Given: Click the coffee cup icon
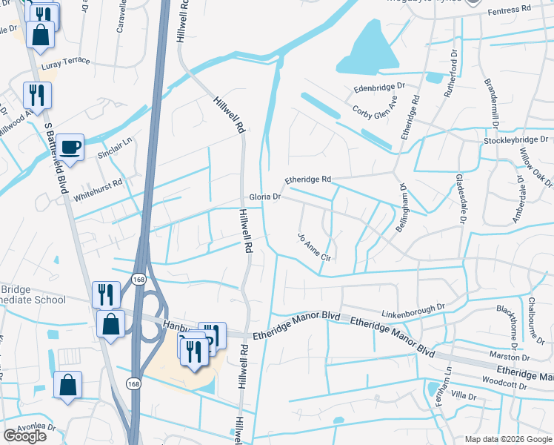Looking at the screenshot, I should tap(71, 147).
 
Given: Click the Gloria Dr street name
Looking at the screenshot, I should tap(265, 198).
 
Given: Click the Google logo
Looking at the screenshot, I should tap(25, 436).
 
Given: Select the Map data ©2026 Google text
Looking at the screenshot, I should tap(507, 439).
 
